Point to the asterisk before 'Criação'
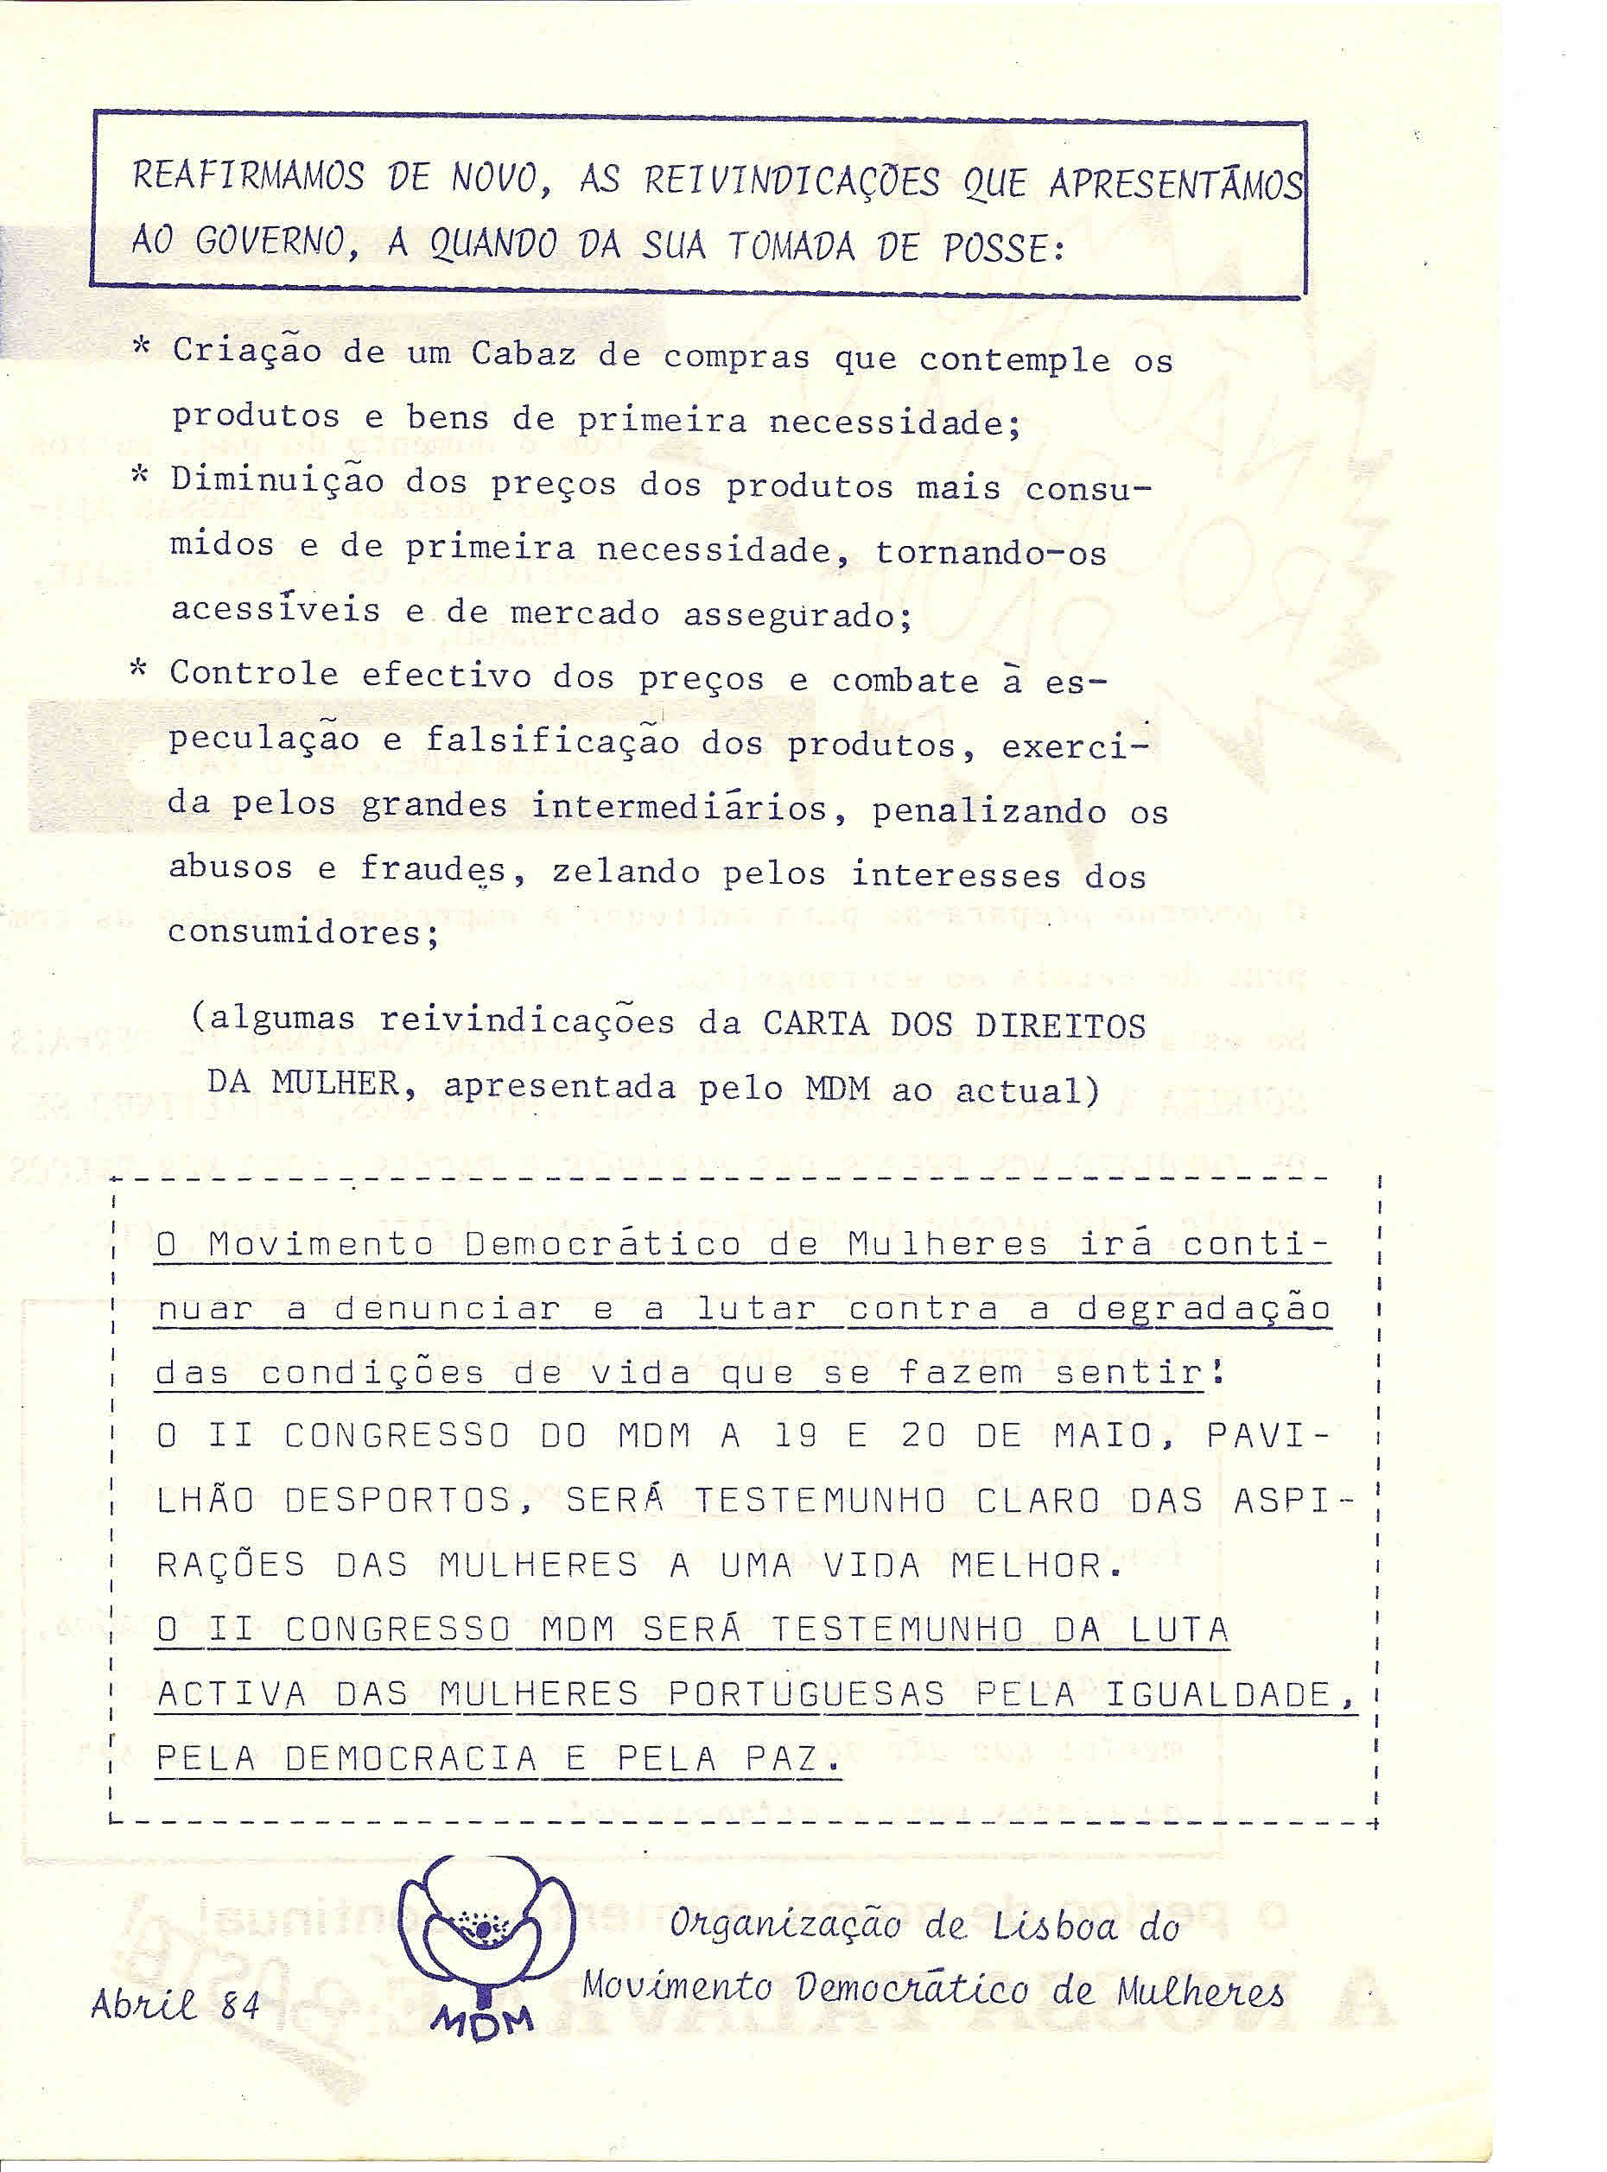(x=142, y=346)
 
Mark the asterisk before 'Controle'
(x=140, y=670)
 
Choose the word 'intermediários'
(x=679, y=807)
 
